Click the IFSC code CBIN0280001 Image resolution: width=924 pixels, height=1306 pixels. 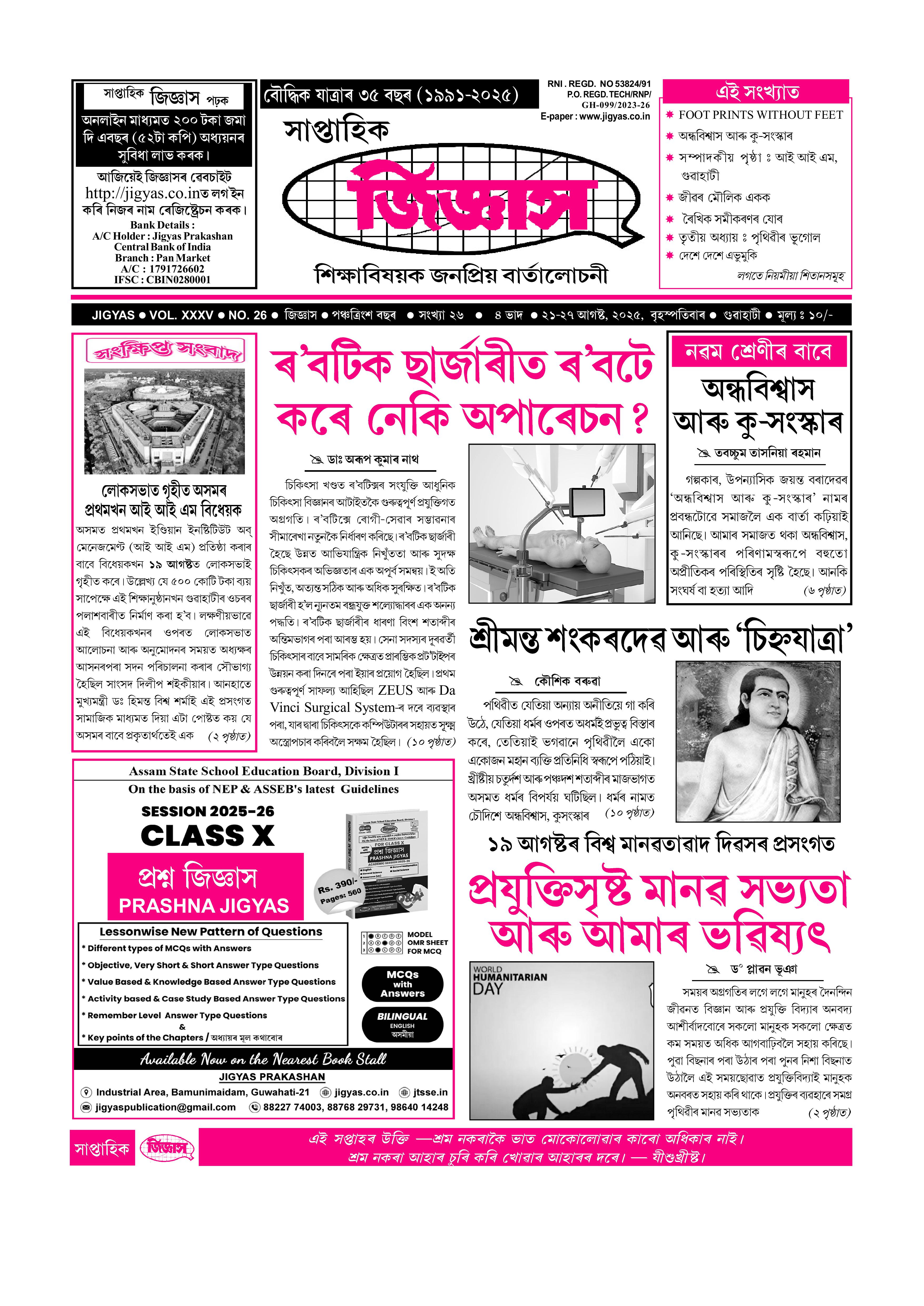[178, 280]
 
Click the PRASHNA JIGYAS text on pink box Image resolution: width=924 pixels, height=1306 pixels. [204, 906]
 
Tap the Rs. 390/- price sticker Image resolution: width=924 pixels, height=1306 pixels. [340, 891]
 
